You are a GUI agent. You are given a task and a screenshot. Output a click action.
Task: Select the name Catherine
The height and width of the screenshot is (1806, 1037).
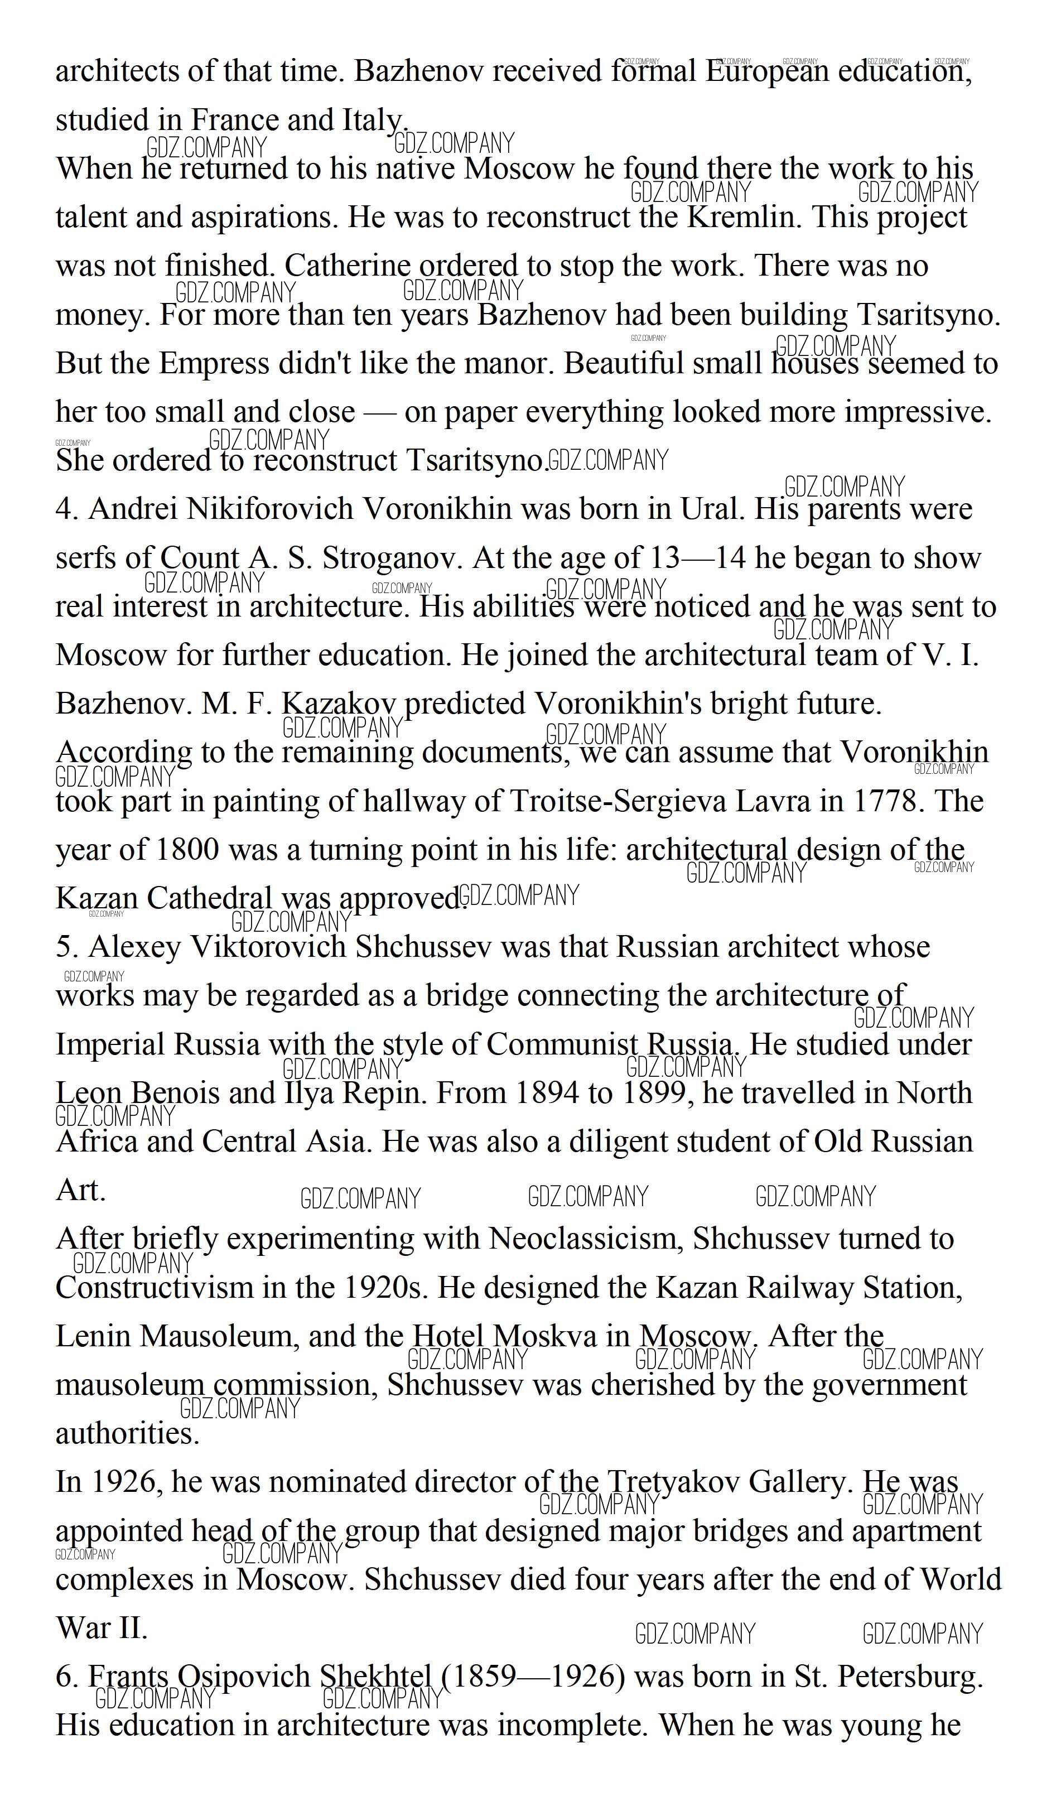point(347,266)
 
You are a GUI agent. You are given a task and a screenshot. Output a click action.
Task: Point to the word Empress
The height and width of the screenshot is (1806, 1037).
point(213,363)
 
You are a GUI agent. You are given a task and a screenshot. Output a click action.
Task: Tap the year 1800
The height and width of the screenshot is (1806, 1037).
point(185,850)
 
